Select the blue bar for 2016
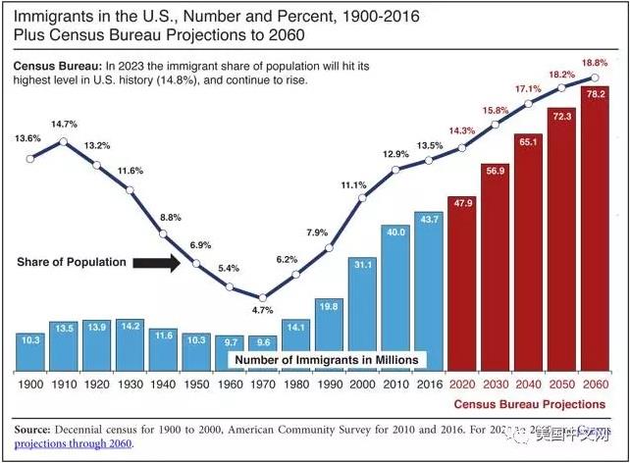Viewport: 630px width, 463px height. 429,289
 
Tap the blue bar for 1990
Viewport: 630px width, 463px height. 329,334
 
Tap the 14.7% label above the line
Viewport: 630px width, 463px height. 64,125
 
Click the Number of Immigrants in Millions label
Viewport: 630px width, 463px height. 325,360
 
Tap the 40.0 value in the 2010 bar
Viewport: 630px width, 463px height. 395,232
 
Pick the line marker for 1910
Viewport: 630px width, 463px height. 64,141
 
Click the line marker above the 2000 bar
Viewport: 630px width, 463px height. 362,197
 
